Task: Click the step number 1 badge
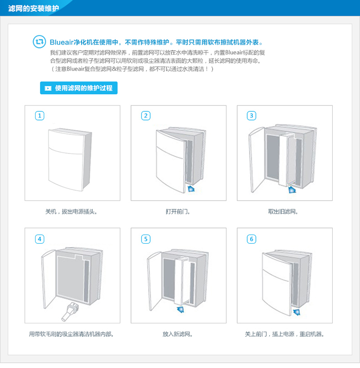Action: [x=39, y=116]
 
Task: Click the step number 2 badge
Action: [x=145, y=116]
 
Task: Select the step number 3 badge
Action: [x=252, y=116]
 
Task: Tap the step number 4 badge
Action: [x=39, y=239]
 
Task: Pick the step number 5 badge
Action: [x=145, y=239]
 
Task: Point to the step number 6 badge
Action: [x=252, y=239]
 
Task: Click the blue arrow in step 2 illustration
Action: [x=191, y=189]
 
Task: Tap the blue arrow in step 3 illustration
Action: [x=292, y=190]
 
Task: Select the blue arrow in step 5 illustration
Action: [x=180, y=309]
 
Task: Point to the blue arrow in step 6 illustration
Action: [x=297, y=312]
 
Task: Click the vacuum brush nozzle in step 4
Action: [x=70, y=312]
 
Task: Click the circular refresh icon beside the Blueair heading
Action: [x=39, y=42]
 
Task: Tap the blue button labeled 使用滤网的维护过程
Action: [x=79, y=88]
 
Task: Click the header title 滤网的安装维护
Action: [x=33, y=9]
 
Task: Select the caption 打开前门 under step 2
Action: [x=178, y=212]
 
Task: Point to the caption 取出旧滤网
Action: [x=283, y=212]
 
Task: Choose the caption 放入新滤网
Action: [x=178, y=334]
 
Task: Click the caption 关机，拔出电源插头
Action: [x=71, y=212]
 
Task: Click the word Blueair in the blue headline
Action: [x=61, y=42]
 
